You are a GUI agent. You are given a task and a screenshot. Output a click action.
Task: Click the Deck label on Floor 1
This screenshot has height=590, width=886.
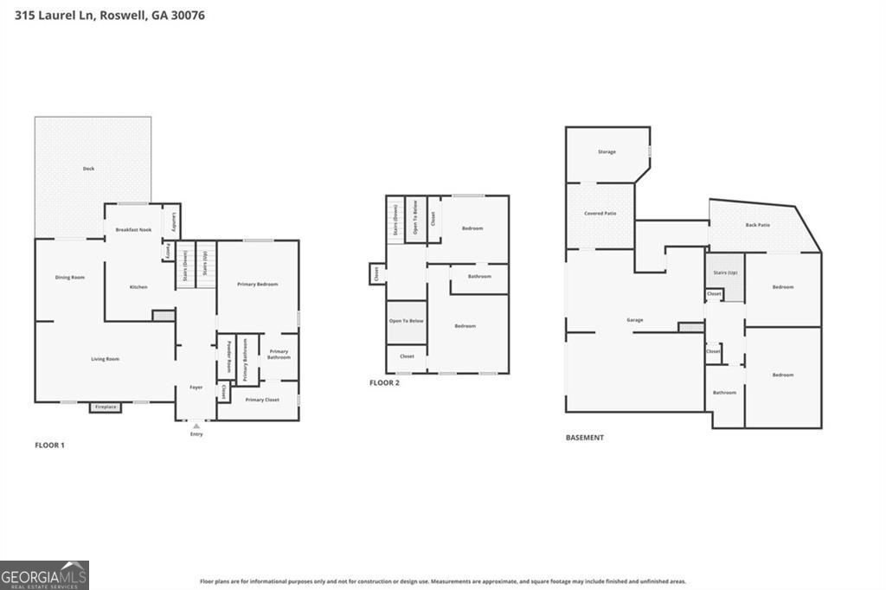coord(88,169)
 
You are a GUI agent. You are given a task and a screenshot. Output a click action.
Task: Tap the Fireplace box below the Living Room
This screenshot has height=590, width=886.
coord(106,406)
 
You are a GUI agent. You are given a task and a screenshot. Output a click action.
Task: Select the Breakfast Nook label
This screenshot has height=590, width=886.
coord(133,229)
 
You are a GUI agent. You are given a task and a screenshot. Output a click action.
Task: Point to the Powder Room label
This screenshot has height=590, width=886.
coord(229,356)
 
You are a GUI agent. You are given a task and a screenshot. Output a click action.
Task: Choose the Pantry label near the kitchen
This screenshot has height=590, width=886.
coord(167,251)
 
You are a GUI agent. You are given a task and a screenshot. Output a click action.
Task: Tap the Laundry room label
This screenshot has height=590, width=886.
coord(175,221)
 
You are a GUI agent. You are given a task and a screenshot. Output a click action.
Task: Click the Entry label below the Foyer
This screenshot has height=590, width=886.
coord(196,433)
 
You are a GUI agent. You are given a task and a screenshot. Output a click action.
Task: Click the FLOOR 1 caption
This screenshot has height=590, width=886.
coord(49,446)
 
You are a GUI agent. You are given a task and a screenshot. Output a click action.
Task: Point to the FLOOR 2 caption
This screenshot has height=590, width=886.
coord(384,382)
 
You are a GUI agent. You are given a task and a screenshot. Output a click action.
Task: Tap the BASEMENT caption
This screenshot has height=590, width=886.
coord(585,438)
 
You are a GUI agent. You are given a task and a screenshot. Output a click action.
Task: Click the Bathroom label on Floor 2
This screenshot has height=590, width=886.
coord(479,277)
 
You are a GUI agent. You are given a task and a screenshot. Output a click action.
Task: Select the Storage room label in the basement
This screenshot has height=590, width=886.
coord(607,152)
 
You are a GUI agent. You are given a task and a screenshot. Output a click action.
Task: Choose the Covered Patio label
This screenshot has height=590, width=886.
coord(600,213)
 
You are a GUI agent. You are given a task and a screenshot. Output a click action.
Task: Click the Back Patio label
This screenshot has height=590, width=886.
coord(757,225)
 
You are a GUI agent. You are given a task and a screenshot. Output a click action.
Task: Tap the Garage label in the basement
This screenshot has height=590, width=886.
coord(635,320)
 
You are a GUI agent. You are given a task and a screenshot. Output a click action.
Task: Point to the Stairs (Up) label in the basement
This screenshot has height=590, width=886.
coord(725,273)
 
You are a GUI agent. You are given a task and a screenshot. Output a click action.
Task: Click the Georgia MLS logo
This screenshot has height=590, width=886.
coord(44,575)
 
